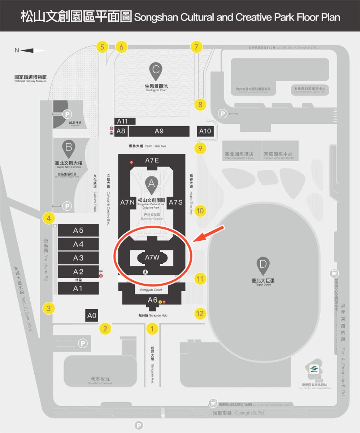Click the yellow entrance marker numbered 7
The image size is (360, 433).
196,47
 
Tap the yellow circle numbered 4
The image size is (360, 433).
48,218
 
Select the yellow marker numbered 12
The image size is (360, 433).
200,314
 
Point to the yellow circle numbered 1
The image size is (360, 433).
152,328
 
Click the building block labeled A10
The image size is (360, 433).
205,131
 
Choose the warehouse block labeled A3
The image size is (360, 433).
78,258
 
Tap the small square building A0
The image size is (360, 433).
92,316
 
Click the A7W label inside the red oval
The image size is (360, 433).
152,257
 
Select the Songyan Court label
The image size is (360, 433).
153,290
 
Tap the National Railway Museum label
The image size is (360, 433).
30,79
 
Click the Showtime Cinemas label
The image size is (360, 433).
100,381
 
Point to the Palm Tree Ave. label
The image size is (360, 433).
148,146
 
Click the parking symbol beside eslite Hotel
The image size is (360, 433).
67,114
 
